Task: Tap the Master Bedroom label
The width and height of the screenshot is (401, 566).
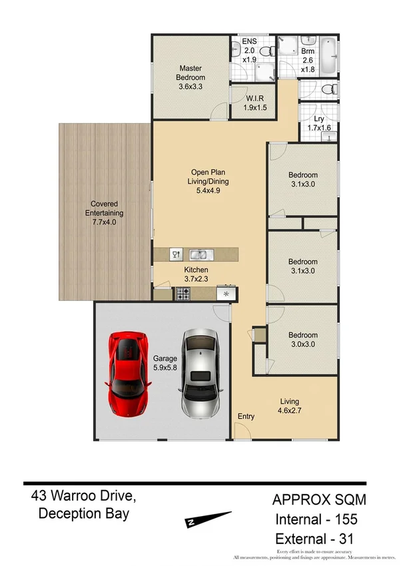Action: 191,77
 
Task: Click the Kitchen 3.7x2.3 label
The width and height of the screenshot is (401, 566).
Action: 197,274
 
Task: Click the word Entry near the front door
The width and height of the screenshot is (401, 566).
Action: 246,417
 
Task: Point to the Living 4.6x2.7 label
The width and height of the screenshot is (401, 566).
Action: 289,406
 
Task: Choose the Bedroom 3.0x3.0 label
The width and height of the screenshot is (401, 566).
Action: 302,340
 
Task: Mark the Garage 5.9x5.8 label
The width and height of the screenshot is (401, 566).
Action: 165,362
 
